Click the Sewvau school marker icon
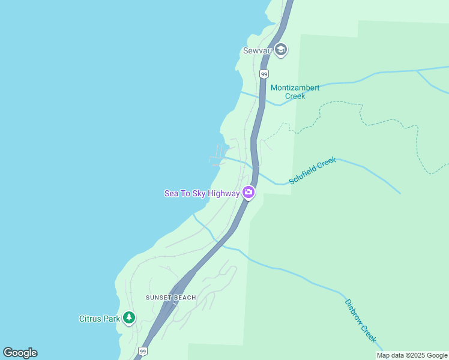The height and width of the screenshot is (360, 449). pyautogui.click(x=281, y=50)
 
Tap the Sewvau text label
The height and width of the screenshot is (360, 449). pyautogui.click(x=258, y=51)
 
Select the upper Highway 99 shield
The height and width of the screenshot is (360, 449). pyautogui.click(x=264, y=74)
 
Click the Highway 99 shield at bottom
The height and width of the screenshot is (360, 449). pyautogui.click(x=142, y=351)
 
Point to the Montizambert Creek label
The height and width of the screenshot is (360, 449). pyautogui.click(x=295, y=92)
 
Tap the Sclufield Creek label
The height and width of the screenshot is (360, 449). pyautogui.click(x=312, y=170)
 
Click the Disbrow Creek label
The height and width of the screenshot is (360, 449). pyautogui.click(x=360, y=321)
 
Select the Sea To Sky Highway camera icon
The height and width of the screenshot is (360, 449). pyautogui.click(x=249, y=193)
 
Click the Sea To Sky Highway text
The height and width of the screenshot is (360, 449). pyautogui.click(x=202, y=193)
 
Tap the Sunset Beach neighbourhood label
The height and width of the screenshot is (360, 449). pyautogui.click(x=171, y=298)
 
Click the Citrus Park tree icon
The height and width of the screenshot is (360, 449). pyautogui.click(x=129, y=318)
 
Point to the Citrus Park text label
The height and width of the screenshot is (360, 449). pyautogui.click(x=100, y=319)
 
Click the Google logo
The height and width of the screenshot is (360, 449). pyautogui.click(x=20, y=353)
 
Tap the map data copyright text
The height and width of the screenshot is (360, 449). pyautogui.click(x=412, y=355)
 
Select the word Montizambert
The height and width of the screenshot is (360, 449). pyautogui.click(x=295, y=88)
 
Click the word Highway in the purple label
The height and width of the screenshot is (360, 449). pyautogui.click(x=223, y=193)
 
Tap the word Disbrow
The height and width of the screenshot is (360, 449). pyautogui.click(x=353, y=310)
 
